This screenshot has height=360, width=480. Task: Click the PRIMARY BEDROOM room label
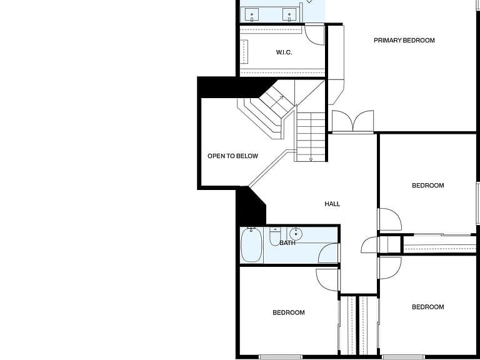pyautogui.click(x=404, y=40)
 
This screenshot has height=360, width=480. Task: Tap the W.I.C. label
pyautogui.click(x=284, y=52)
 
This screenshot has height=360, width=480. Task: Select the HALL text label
pyautogui.click(x=332, y=204)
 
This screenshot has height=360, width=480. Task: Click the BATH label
pyautogui.click(x=287, y=242)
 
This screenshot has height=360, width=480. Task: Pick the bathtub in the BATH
pyautogui.click(x=251, y=245)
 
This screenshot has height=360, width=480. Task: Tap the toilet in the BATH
pyautogui.click(x=275, y=236)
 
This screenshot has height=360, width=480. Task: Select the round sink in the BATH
pyautogui.click(x=296, y=234)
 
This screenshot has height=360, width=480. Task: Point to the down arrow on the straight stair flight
pyautogui.click(x=311, y=159)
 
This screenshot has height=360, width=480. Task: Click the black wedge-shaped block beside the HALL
pyautogui.click(x=251, y=207)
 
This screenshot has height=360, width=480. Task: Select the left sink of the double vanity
pyautogui.click(x=252, y=15)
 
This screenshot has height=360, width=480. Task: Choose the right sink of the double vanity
pyautogui.click(x=289, y=15)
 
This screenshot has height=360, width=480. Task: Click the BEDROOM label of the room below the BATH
pyautogui.click(x=288, y=312)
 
